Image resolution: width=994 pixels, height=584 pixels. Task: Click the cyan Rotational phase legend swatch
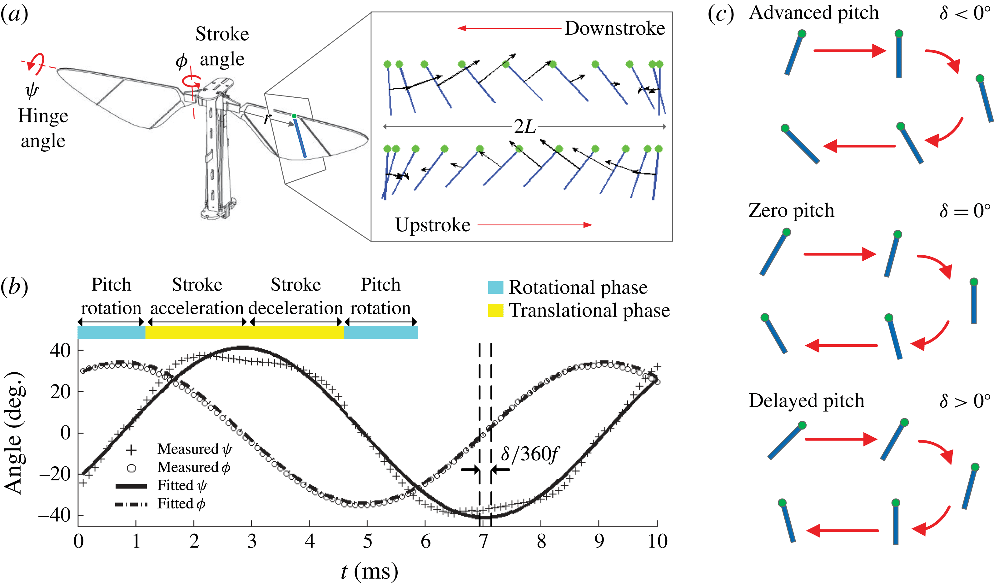pyautogui.click(x=495, y=287)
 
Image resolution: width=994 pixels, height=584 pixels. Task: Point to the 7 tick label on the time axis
pyautogui.click(x=483, y=542)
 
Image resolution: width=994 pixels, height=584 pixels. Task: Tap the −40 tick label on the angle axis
pyautogui.click(x=54, y=515)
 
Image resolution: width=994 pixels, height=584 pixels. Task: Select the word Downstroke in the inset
pyautogui.click(x=614, y=28)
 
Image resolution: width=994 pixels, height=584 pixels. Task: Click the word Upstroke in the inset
pyautogui.click(x=433, y=225)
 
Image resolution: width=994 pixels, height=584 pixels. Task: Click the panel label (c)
pyautogui.click(x=721, y=14)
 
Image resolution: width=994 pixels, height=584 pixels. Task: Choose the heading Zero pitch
pyautogui.click(x=791, y=210)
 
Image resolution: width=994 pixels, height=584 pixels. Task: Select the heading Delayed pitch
pyautogui.click(x=806, y=401)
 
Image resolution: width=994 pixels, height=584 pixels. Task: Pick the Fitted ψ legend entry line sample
pyautogui.click(x=131, y=486)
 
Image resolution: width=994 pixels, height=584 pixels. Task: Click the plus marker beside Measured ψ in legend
pyautogui.click(x=131, y=449)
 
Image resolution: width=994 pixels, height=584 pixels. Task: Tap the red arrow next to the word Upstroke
pyautogui.click(x=534, y=225)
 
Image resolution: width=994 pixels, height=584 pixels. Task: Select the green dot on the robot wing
pyautogui.click(x=294, y=116)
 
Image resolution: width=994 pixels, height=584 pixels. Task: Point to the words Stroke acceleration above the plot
pyautogui.click(x=197, y=296)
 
